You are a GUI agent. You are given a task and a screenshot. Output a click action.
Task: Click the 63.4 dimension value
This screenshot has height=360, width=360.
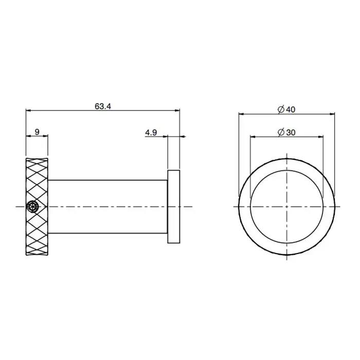coord(103,106)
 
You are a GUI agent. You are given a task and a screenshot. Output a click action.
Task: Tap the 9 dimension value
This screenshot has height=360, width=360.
coord(37,132)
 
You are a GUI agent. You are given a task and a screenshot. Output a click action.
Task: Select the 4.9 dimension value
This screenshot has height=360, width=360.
coord(151,133)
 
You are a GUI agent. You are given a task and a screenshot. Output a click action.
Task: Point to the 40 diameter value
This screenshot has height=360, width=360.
coord(291,110)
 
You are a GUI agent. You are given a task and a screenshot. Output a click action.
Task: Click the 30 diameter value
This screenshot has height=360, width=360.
coord(291,133)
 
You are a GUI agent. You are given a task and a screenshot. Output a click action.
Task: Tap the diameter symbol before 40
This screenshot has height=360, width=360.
coord(281,110)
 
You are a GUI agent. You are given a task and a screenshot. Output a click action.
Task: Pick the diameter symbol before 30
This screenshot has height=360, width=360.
coord(281,133)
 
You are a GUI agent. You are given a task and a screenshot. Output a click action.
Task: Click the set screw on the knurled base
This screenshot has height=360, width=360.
coord(32,206)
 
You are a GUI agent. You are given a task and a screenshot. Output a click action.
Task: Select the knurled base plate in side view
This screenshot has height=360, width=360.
coord(37,207)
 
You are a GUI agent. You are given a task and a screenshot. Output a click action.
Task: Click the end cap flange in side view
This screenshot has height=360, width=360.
coord(174,207)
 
